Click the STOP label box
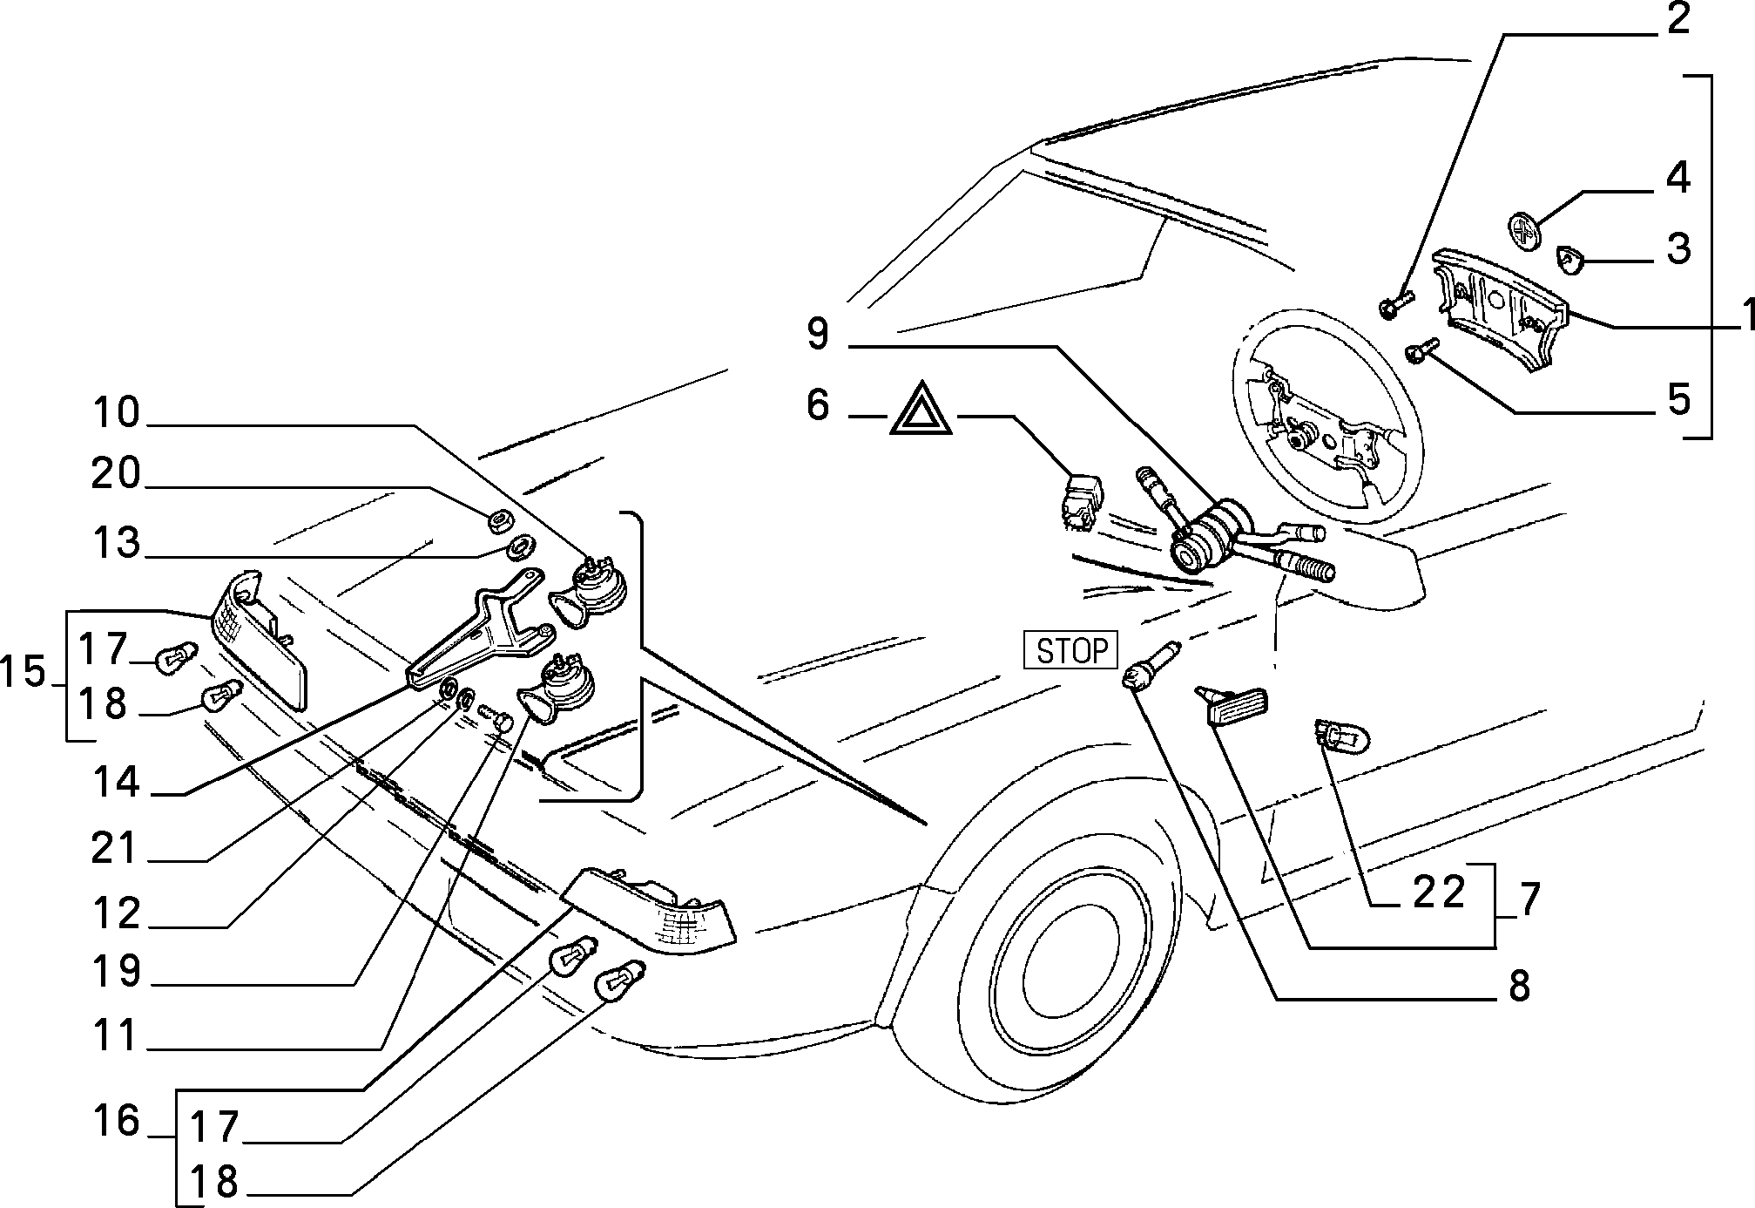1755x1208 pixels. [x=1071, y=650]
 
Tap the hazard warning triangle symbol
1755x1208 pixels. [x=921, y=410]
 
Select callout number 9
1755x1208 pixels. [x=817, y=335]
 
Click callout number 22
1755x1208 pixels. [x=1439, y=892]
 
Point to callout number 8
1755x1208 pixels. [x=1518, y=986]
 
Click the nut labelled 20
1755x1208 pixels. [x=499, y=522]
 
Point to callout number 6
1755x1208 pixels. [x=817, y=404]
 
